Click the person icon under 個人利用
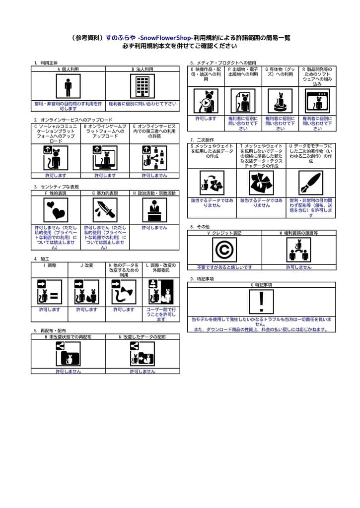[68, 86]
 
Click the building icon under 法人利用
[142, 86]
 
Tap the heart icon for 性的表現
[55, 210]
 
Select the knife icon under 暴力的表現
[105, 210]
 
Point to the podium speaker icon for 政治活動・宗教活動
[154, 210]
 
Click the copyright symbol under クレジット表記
[224, 250]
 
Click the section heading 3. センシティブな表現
[56, 187]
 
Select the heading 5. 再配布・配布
[50, 330]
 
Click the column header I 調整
[50, 265]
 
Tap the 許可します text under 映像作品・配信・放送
[206, 119]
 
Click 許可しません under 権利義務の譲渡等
[298, 267]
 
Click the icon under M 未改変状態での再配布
[68, 354]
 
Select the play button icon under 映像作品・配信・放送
[205, 103]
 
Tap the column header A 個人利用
[68, 69]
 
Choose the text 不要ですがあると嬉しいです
[224, 267]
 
